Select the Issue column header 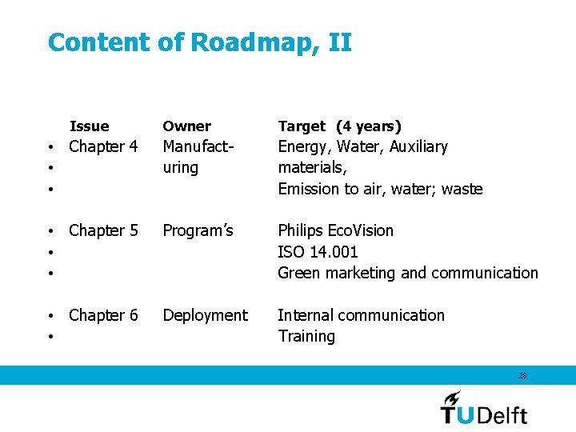point(89,126)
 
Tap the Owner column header point(186,126)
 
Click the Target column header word point(302,126)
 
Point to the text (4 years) point(369,126)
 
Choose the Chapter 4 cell point(103,147)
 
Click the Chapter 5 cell point(103,231)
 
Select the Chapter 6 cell point(103,316)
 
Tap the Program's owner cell point(198,231)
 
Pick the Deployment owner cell point(205,316)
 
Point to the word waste point(462,190)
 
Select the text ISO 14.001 point(318,252)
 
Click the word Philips point(301,231)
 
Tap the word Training point(306,337)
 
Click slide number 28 point(522,375)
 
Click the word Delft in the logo point(502,414)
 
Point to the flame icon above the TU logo point(452,397)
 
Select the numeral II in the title point(339,42)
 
